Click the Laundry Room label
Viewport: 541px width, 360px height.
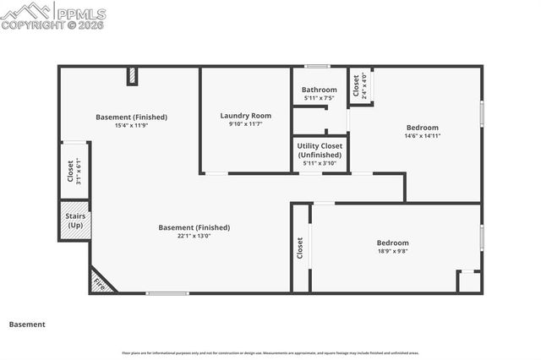245,116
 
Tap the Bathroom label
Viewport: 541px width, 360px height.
320,90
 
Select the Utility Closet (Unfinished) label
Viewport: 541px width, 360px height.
320,150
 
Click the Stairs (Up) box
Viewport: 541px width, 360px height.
75,221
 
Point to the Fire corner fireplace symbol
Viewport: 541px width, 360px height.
100,282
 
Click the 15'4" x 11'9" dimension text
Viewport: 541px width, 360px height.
131,126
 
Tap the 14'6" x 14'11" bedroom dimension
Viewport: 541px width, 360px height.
423,135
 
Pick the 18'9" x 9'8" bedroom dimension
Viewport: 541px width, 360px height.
392,251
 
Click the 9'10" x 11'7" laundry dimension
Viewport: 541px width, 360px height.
245,124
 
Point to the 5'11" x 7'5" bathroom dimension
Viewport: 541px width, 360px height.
320,98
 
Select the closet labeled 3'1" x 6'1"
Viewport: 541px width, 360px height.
74,171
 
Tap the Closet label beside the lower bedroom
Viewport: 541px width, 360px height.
300,248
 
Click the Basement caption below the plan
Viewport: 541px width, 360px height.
27,324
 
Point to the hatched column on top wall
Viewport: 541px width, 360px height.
132,76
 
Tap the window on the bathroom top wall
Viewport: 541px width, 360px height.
317,66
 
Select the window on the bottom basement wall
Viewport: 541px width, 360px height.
167,293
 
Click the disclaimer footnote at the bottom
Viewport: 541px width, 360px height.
270,352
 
